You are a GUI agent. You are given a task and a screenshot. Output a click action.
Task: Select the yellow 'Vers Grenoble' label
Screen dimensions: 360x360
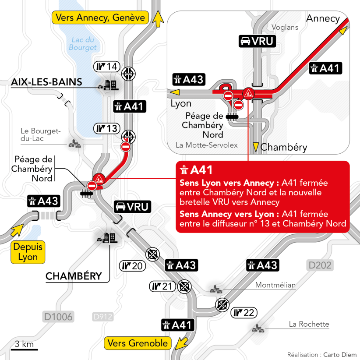pos(138,343)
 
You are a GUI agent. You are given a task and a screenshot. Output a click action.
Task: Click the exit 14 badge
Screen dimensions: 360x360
pos(107,67)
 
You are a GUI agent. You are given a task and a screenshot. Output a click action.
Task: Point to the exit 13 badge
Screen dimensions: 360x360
pos(107,128)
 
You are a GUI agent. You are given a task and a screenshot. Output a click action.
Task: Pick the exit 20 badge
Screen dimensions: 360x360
pos(132,265)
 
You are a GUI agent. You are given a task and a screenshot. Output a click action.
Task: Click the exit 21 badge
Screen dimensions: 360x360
pos(162,286)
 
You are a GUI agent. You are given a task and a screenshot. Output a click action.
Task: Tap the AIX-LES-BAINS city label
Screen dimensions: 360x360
pos(46,82)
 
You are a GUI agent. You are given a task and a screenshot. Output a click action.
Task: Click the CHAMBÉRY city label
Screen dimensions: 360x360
pos(74,276)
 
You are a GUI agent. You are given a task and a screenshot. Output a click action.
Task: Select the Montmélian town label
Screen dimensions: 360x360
pos(275,285)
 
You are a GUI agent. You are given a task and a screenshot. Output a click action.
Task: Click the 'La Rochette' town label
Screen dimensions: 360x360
pos(309,324)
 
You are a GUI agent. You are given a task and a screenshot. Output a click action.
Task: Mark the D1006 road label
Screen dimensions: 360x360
pos(58,317)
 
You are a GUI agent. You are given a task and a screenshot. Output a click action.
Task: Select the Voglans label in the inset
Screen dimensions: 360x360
pos(285,27)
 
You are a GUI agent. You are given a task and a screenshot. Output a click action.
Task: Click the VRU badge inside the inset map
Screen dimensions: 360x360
pos(257,42)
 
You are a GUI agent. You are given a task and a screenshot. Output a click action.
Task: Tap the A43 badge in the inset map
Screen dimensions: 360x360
pos(188,79)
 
